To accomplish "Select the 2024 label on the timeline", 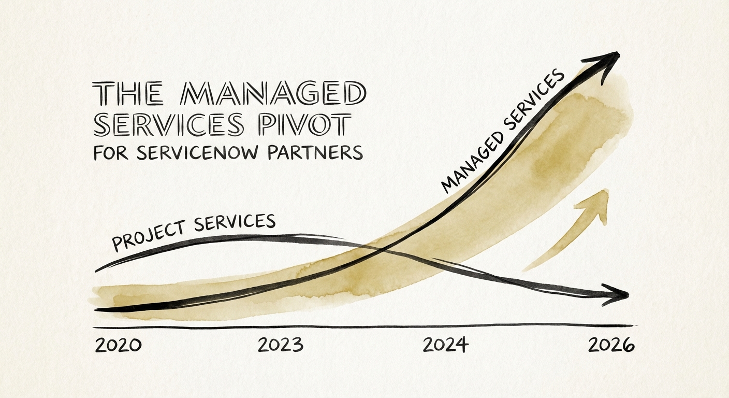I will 445,345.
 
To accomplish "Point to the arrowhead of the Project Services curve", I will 619,294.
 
